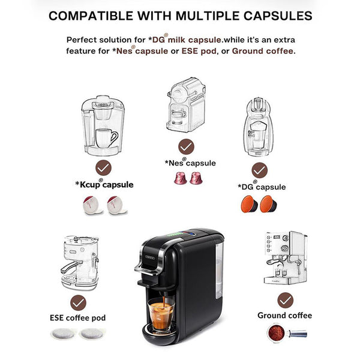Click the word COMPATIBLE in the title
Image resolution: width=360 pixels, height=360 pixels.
pyautogui.click(x=91, y=16)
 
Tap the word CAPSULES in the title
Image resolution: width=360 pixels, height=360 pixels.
pyautogui.click(x=278, y=16)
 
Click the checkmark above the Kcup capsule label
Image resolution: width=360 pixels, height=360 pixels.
pyautogui.click(x=104, y=167)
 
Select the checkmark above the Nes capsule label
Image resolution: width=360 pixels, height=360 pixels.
pyautogui.click(x=186, y=146)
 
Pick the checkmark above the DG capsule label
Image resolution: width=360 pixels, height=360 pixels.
pyautogui.click(x=259, y=170)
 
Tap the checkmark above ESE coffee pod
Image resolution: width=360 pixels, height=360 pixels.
pyautogui.click(x=78, y=303)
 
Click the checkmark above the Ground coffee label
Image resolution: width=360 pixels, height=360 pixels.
pyautogui.click(x=286, y=301)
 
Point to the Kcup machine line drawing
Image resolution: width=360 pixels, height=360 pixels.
pyautogui.click(x=103, y=125)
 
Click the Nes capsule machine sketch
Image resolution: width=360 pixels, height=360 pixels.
pyautogui.click(x=186, y=104)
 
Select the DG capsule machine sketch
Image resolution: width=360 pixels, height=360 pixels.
pyautogui.click(x=259, y=127)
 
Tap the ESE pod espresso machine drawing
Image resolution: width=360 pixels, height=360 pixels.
pyautogui.click(x=80, y=262)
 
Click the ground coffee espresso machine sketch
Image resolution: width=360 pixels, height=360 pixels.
pyautogui.click(x=286, y=258)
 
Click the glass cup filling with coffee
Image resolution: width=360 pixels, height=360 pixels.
pyautogui.click(x=161, y=314)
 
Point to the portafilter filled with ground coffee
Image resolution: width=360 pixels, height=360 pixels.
pyautogui.click(x=287, y=332)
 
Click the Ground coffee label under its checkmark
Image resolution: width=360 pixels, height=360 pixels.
pyautogui.click(x=284, y=316)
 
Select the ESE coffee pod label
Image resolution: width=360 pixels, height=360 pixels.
pyautogui.click(x=78, y=318)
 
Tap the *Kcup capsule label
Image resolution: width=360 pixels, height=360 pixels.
pyautogui.click(x=104, y=184)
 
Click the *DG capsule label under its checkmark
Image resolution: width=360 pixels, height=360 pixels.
pyautogui.click(x=262, y=187)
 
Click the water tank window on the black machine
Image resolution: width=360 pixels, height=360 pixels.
pyautogui.click(x=219, y=271)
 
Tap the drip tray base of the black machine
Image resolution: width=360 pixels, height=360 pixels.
pyautogui.click(x=161, y=335)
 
